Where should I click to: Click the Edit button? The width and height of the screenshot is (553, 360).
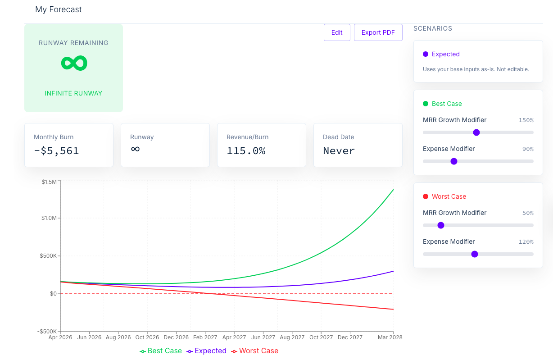(x=337, y=32)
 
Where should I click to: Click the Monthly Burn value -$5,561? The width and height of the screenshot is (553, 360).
(x=56, y=151)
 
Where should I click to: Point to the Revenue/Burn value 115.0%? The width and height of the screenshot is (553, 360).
(x=246, y=151)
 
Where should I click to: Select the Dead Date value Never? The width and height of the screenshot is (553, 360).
(x=339, y=151)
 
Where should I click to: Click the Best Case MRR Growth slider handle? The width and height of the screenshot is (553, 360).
(x=476, y=132)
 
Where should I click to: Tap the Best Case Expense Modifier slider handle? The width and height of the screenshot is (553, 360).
(x=454, y=161)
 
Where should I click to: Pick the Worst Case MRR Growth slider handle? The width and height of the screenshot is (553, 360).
(x=441, y=225)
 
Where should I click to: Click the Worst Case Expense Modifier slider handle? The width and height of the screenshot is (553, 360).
(x=475, y=254)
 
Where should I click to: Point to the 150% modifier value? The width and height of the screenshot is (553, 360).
(x=526, y=120)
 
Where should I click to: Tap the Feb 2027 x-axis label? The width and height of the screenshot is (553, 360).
(x=205, y=337)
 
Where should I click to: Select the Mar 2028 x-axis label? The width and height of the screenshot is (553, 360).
(x=390, y=337)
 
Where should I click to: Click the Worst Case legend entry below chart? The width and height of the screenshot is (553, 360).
(x=254, y=351)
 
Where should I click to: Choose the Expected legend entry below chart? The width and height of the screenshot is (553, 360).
(x=206, y=351)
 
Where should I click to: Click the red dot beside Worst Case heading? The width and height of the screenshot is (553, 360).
(x=426, y=196)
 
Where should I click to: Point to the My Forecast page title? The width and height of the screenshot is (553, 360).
(x=58, y=9)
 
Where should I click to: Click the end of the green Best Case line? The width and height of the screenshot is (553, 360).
(x=393, y=190)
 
